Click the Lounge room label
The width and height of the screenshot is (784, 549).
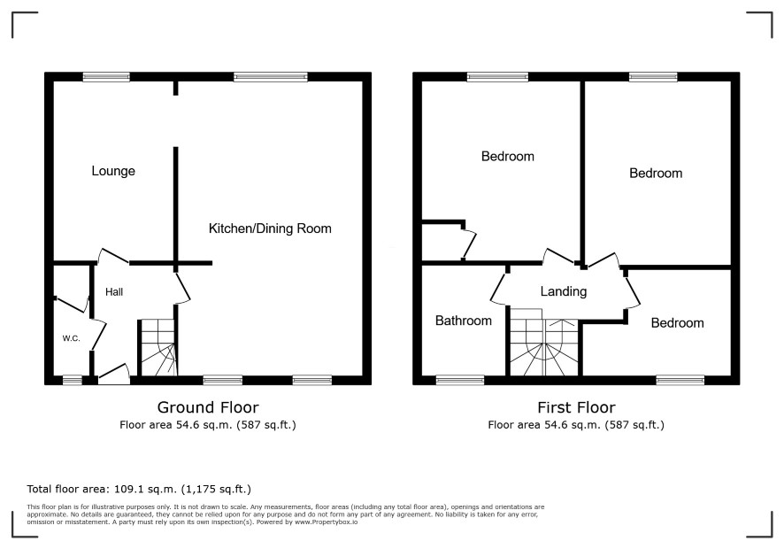(113, 171)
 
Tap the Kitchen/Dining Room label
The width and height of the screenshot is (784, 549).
(270, 228)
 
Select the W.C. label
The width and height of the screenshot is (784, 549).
(71, 338)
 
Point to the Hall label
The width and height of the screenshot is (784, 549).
(114, 291)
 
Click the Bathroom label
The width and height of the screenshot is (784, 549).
(464, 321)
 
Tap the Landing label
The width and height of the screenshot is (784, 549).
(564, 291)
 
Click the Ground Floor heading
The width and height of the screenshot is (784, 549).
(208, 407)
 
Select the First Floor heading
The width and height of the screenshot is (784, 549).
(576, 407)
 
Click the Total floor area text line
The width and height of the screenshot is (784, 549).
(139, 489)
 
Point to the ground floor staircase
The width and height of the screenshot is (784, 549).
(158, 348)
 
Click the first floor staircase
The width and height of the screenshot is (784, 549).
(544, 343)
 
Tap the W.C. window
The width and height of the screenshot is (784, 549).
(72, 381)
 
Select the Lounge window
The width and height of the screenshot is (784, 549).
(106, 76)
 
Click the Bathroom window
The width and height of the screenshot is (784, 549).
(460, 381)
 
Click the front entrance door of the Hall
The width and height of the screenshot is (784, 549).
(114, 375)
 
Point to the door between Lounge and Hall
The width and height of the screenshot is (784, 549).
(113, 256)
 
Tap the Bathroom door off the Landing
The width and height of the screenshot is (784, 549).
(499, 289)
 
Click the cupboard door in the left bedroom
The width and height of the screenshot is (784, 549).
(469, 244)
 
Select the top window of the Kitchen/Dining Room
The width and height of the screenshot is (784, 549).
(271, 76)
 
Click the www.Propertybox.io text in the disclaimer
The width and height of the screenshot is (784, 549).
(326, 522)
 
